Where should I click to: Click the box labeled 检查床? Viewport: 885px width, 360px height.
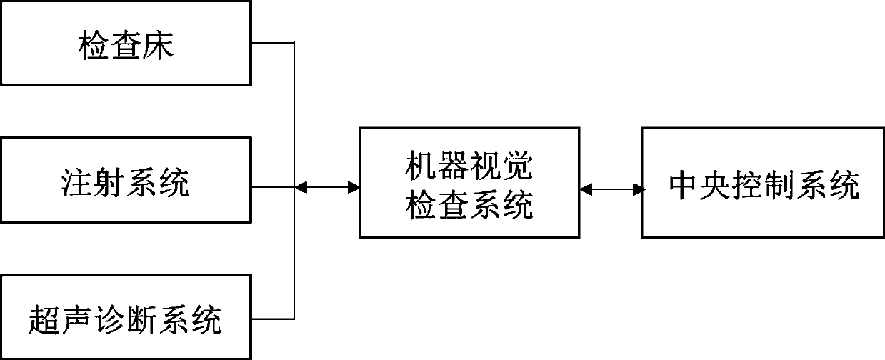coord(126,43)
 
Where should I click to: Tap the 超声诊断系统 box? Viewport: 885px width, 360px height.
coord(126,317)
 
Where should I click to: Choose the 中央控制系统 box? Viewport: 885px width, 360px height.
coord(763,182)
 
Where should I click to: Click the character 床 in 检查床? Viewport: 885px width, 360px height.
coord(159,47)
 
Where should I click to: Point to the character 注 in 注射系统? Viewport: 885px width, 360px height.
coord(76,184)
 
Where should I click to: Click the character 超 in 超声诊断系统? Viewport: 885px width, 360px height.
coord(45,319)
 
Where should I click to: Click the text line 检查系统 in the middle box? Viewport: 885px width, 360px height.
coord(469,205)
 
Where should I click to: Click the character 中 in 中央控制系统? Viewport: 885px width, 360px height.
coord(684,186)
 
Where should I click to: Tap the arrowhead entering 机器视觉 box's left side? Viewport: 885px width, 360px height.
coord(353,187)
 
